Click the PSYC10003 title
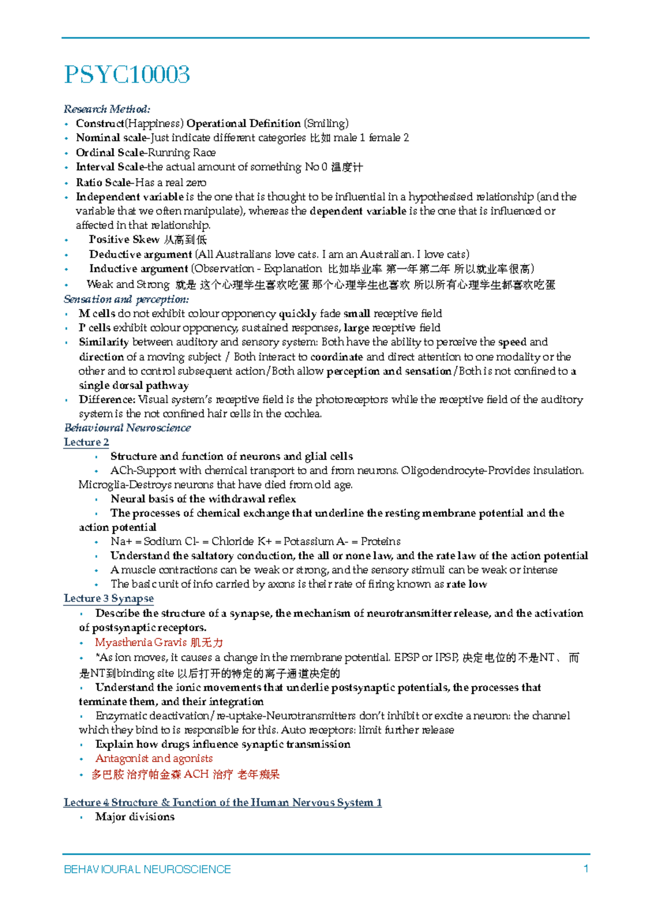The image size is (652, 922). click(127, 74)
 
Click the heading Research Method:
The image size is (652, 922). click(106, 109)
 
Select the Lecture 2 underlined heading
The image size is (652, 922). click(86, 443)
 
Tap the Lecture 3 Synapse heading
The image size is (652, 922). click(109, 599)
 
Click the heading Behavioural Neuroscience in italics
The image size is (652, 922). click(127, 428)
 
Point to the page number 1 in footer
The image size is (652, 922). click(586, 869)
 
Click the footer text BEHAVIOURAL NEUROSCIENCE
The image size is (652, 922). click(147, 869)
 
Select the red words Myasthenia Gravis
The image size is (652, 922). click(141, 642)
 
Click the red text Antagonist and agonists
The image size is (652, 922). click(154, 759)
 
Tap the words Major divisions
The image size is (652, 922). click(135, 817)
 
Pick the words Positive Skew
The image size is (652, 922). click(124, 239)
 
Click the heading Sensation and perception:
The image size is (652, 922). click(126, 299)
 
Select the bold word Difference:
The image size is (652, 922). click(106, 400)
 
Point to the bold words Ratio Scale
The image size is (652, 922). click(103, 182)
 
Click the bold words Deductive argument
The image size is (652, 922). click(140, 254)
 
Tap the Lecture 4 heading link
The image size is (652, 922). click(222, 803)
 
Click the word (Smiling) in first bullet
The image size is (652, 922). click(325, 124)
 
